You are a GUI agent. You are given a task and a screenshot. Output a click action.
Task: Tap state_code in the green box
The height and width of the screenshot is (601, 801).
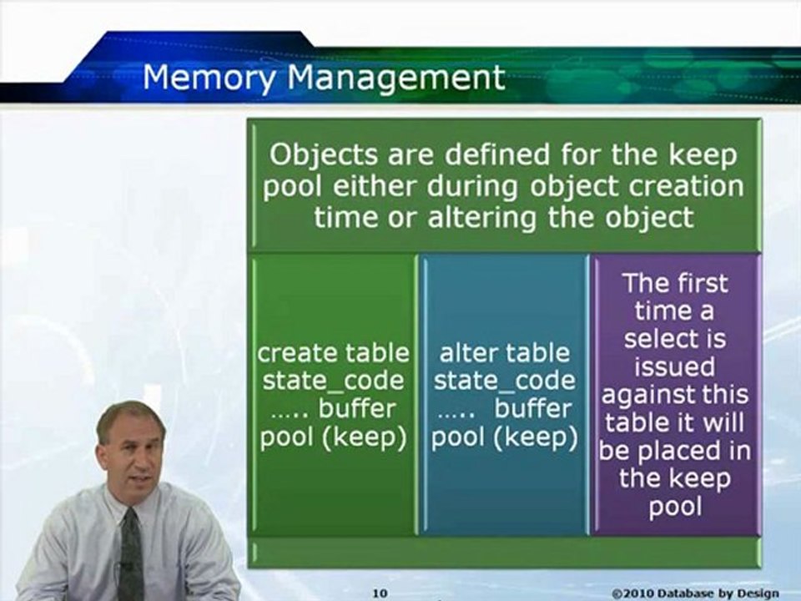[x=333, y=381]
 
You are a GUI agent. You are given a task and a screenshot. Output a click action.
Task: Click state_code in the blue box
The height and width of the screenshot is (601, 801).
[x=505, y=381]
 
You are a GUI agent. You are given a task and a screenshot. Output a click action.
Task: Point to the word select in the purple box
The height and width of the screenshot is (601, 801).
[x=674, y=339]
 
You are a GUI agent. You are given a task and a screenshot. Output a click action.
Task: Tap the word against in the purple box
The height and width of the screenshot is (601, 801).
[x=643, y=395]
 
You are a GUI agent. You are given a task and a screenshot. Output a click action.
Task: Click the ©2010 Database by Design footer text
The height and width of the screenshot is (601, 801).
[x=704, y=593]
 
